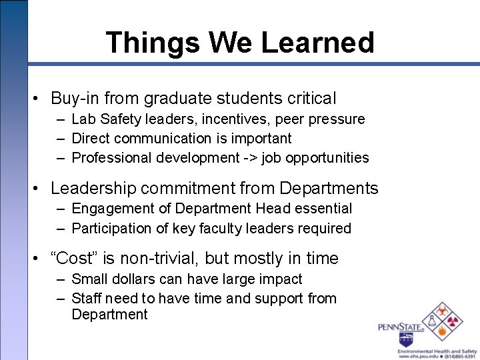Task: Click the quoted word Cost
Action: pos(73,259)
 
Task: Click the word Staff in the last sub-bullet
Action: pos(87,299)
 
